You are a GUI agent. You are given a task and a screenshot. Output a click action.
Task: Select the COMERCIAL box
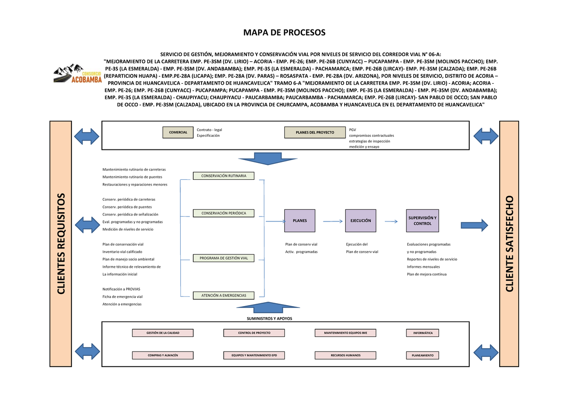(x=178, y=132)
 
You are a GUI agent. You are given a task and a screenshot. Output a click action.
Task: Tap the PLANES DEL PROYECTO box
(x=315, y=132)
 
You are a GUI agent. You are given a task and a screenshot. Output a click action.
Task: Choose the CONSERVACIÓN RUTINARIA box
(x=224, y=176)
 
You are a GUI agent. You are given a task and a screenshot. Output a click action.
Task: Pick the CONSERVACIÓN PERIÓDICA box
(x=224, y=213)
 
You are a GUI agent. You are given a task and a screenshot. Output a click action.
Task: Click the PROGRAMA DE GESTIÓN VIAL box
(x=224, y=258)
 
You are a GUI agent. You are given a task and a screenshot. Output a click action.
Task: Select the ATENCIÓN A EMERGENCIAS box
(x=224, y=295)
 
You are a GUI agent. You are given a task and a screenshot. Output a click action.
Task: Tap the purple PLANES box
(x=300, y=220)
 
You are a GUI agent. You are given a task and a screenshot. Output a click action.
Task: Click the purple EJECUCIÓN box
(x=361, y=220)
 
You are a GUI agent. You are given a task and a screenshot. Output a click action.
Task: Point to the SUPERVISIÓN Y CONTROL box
(x=422, y=220)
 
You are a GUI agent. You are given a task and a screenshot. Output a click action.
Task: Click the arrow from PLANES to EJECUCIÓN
(x=333, y=221)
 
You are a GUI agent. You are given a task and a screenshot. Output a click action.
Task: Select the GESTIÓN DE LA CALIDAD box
(x=163, y=333)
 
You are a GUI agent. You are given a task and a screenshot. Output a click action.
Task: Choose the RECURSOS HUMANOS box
(x=345, y=355)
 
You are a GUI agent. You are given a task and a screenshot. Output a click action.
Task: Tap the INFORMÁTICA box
(x=423, y=333)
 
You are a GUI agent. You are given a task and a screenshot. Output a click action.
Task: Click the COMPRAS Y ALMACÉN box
(x=163, y=355)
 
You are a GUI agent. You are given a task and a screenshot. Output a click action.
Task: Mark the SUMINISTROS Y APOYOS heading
(x=270, y=319)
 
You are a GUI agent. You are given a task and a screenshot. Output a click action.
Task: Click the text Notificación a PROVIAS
(x=121, y=289)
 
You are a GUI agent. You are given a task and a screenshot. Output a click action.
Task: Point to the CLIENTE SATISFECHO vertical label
(x=509, y=244)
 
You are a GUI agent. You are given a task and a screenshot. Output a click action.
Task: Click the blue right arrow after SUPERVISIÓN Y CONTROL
(x=474, y=225)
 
